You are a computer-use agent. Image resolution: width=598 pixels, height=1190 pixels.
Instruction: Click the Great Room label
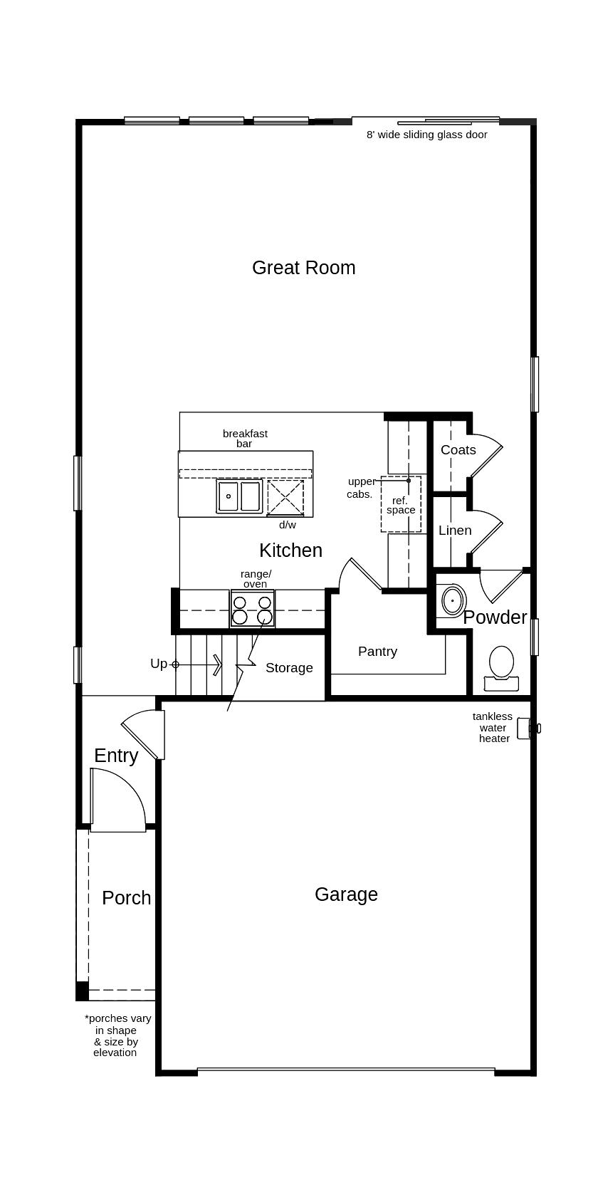pos(303,268)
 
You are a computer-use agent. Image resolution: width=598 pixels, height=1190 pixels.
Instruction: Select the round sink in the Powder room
pos(452,600)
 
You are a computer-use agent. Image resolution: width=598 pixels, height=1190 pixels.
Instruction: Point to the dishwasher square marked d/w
pos(285,498)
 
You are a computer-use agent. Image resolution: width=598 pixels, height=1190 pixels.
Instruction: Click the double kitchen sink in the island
pos(239,496)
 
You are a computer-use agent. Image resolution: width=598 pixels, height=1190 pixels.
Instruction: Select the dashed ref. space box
pos(401,505)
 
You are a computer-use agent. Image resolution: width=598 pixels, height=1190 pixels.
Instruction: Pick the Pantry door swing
pos(362,574)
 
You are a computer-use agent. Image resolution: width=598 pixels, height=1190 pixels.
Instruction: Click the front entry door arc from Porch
pos(120,798)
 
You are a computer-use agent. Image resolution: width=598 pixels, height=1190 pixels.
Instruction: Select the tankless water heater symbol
pos(528,729)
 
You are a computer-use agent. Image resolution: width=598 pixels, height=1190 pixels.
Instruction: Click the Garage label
pos(346,894)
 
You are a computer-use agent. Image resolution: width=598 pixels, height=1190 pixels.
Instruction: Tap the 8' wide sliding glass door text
pos(426,135)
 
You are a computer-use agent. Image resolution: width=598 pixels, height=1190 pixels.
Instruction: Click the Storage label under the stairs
pos(289,668)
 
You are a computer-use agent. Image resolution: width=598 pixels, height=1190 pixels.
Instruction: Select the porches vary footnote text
pos(116,1035)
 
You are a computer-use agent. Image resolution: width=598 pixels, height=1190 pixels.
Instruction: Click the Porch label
pos(127,898)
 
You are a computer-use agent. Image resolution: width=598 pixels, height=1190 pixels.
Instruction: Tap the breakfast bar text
pos(245,438)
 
